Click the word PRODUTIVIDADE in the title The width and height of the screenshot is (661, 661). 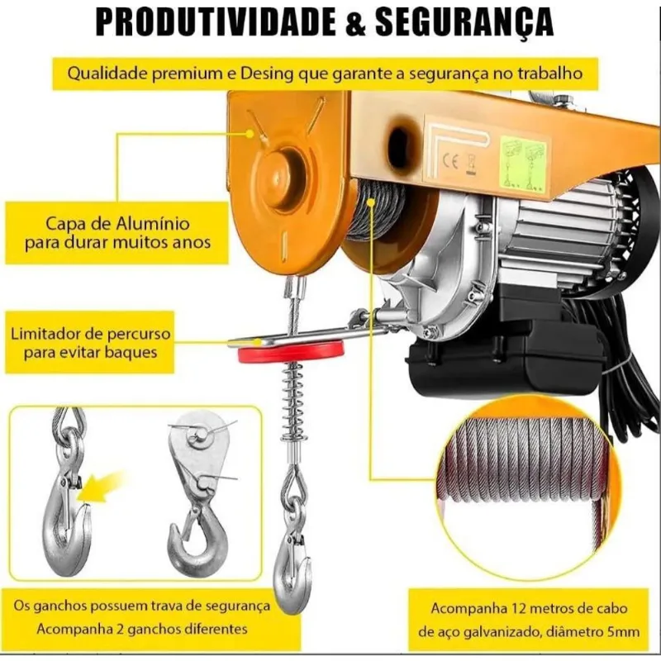tap(216, 21)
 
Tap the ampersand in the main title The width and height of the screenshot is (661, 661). tap(357, 21)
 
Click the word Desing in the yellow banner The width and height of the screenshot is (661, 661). tap(266, 74)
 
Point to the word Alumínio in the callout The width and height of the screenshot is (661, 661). tap(153, 222)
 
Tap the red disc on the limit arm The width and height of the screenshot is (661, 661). tap(291, 352)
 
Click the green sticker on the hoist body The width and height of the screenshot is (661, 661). tap(523, 164)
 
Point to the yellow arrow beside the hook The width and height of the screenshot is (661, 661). tap(100, 486)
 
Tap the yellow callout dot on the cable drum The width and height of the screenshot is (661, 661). tap(370, 202)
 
